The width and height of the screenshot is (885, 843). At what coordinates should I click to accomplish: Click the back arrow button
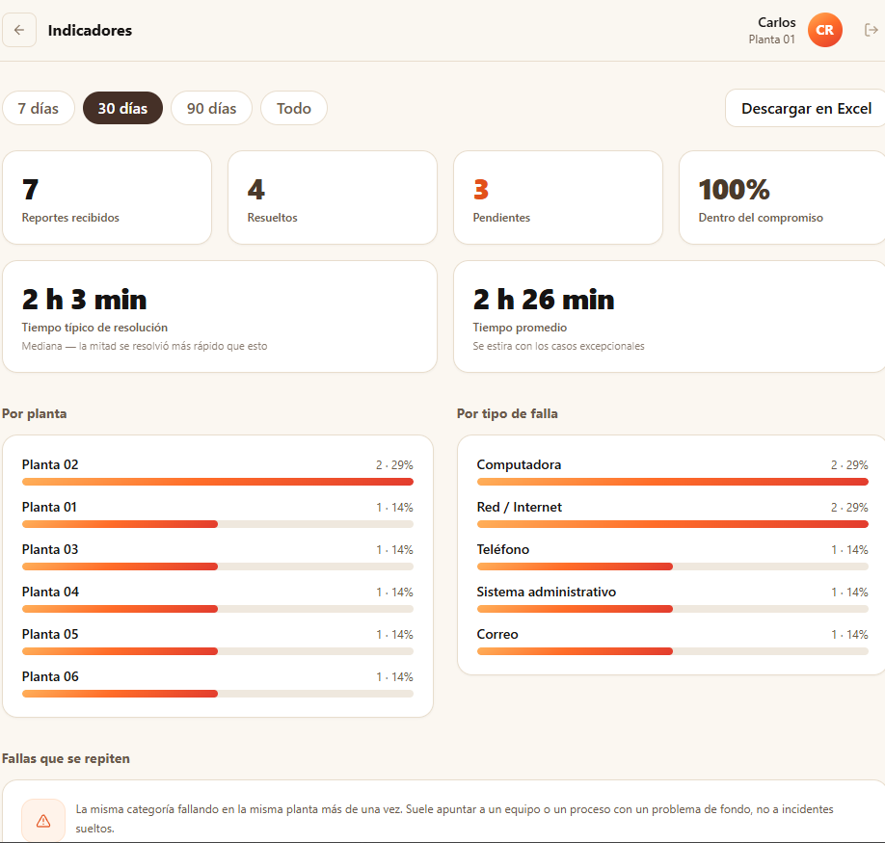pyautogui.click(x=19, y=30)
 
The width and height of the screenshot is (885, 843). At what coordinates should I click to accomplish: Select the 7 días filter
pyautogui.click(x=39, y=108)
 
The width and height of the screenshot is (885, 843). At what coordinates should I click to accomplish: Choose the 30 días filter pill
pyautogui.click(x=122, y=108)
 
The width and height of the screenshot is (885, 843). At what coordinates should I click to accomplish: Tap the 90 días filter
pyautogui.click(x=212, y=108)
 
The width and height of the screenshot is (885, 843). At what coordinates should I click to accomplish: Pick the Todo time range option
pyautogui.click(x=293, y=108)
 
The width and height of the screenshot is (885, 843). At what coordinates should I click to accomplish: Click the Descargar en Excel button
pyautogui.click(x=805, y=108)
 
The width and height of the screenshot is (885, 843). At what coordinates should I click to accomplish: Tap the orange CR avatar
pyautogui.click(x=824, y=30)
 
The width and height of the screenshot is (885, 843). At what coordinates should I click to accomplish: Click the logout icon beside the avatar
pyautogui.click(x=871, y=30)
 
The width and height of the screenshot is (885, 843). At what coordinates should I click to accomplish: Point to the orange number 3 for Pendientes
pyautogui.click(x=481, y=190)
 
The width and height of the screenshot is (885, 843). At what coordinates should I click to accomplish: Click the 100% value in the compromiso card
pyautogui.click(x=734, y=190)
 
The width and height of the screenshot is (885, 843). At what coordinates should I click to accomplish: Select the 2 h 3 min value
pyautogui.click(x=84, y=300)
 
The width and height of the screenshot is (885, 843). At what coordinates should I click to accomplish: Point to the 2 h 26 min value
pyautogui.click(x=544, y=300)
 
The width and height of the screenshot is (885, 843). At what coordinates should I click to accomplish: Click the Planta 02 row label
pyautogui.click(x=50, y=464)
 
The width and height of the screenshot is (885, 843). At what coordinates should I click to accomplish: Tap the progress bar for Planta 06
pyautogui.click(x=218, y=694)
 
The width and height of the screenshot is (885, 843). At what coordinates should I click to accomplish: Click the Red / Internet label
pyautogui.click(x=520, y=507)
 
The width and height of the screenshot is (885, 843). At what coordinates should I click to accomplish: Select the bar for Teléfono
pyautogui.click(x=673, y=566)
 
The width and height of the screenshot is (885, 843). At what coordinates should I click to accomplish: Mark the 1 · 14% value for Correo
pyautogui.click(x=849, y=634)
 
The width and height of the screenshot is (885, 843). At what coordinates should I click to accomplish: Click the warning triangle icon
pyautogui.click(x=43, y=821)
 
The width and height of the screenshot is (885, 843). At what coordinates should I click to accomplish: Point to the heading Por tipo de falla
pyautogui.click(x=507, y=413)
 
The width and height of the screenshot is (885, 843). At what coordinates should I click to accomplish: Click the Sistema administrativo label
pyautogui.click(x=547, y=592)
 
